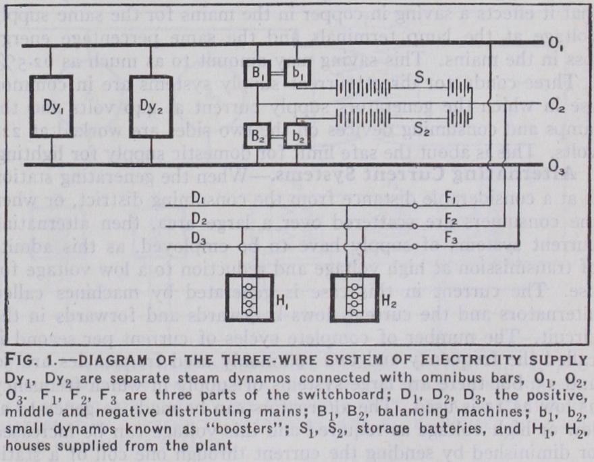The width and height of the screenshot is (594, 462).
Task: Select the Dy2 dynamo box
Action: [151, 106]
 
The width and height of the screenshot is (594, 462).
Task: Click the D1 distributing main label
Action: [198, 199]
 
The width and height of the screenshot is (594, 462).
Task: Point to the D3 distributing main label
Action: [198, 237]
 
